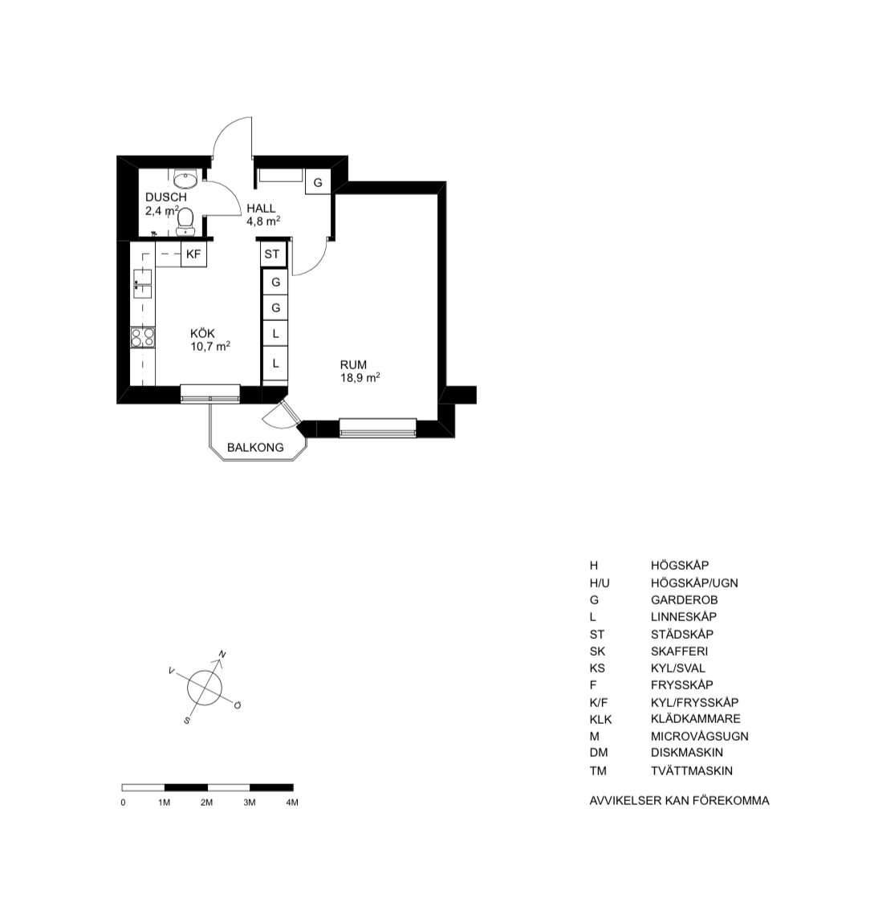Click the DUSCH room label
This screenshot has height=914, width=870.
point(166,197)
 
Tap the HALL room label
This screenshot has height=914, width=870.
point(261,208)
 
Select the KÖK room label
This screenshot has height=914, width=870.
point(202,334)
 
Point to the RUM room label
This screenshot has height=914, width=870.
point(353,365)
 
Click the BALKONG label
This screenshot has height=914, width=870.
point(255,447)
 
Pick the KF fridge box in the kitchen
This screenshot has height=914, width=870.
point(193,254)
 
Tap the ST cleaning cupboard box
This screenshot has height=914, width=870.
point(272,254)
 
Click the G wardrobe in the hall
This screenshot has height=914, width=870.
point(318,182)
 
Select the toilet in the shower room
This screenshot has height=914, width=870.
point(185,221)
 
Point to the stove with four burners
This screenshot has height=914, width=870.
point(143,338)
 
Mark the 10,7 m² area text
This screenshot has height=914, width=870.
point(210,346)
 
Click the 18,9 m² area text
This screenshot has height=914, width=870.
point(360,377)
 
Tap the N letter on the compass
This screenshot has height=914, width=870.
point(222,654)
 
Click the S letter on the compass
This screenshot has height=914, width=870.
point(187,721)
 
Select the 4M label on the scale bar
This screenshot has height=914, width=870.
point(292,802)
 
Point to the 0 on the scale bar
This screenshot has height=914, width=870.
point(123,802)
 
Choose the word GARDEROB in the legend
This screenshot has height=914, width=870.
point(684,599)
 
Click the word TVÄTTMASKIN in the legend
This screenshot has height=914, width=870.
point(692,770)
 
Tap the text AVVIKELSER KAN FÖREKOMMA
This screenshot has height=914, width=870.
point(679,800)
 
